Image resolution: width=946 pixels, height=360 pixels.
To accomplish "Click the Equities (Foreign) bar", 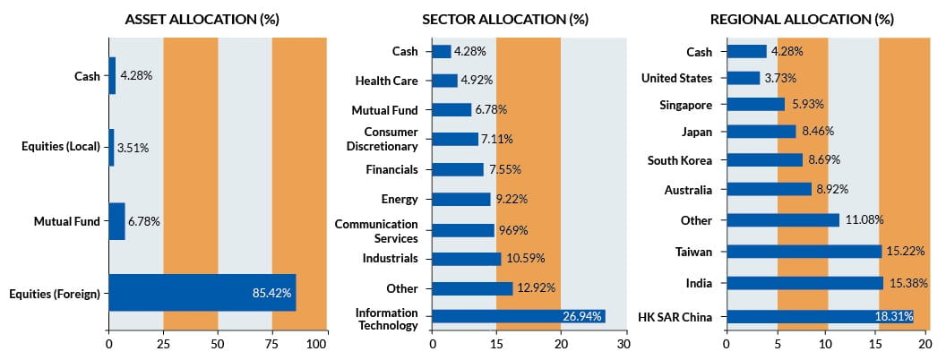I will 202,293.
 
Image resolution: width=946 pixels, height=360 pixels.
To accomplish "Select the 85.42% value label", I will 272,293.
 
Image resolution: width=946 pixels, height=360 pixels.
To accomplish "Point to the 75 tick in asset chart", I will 271,343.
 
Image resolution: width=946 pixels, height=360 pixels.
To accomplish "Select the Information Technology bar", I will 518,316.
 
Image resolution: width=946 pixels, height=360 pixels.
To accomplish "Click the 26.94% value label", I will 582,316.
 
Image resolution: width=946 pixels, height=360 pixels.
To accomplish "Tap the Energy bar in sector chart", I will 461,199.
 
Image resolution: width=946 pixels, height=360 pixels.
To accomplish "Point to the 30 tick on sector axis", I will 623,343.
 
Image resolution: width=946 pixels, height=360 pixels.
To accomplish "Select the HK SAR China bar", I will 819,316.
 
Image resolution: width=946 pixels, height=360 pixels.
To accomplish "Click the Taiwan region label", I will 694,252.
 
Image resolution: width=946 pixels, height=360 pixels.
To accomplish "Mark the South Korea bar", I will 764,160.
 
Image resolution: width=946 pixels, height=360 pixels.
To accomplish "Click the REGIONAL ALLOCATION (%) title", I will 802,19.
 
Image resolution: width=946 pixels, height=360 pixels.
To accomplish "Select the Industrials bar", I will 466,259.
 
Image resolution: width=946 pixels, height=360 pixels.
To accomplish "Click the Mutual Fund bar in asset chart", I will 116,221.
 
